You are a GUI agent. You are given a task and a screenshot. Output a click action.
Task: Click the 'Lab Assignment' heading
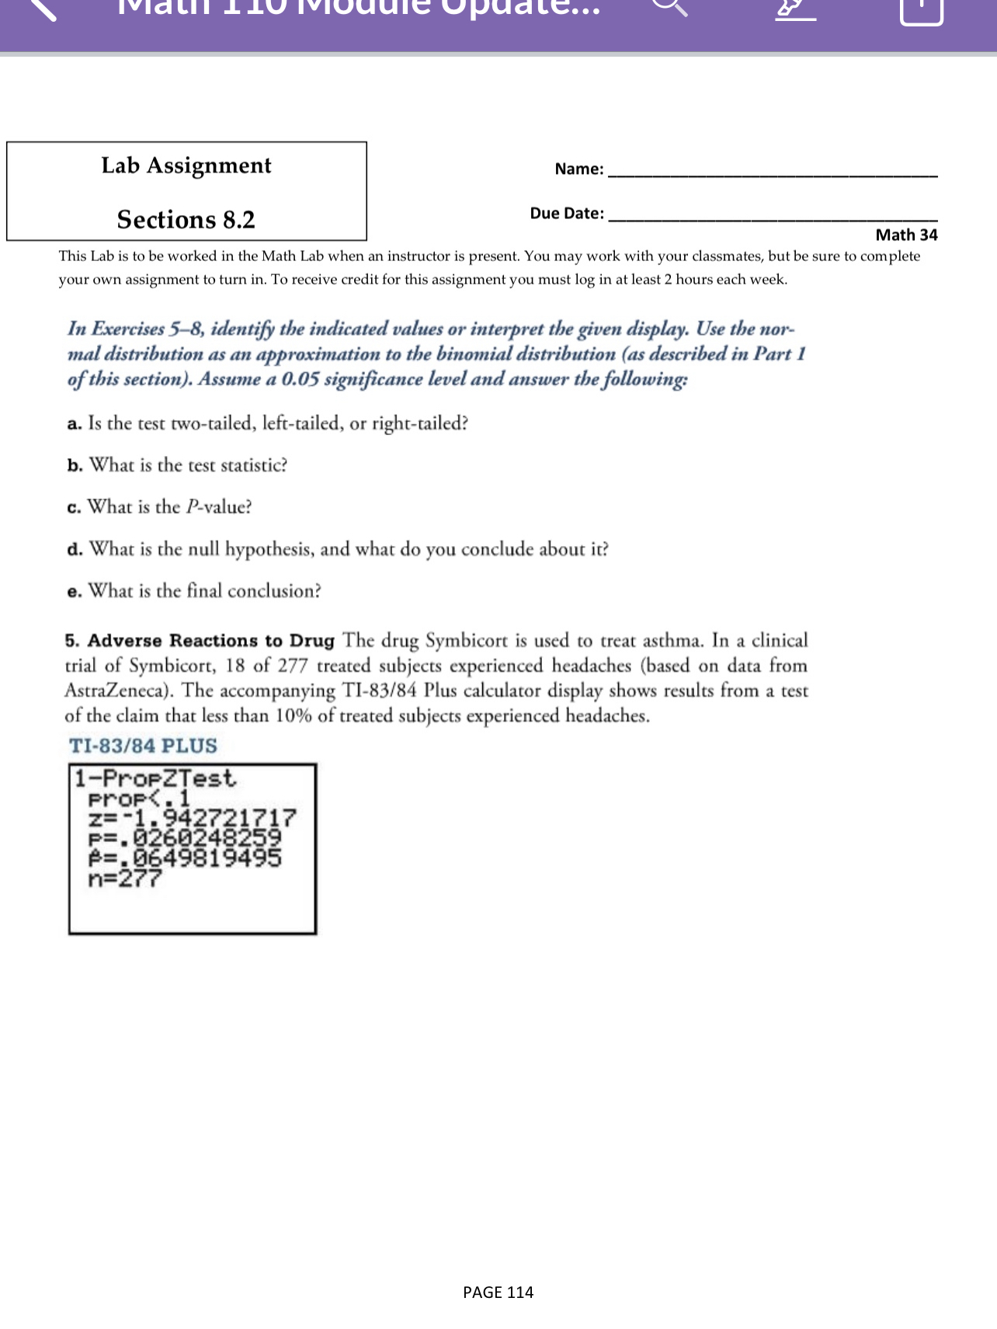(186, 165)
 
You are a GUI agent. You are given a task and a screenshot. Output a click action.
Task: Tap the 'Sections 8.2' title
(186, 220)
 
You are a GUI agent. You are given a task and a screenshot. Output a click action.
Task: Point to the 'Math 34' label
(906, 235)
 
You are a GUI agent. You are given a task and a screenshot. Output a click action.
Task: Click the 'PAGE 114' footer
(498, 1292)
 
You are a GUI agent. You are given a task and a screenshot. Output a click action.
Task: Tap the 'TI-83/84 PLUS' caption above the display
(143, 746)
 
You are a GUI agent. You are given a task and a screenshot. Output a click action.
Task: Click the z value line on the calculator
(192, 817)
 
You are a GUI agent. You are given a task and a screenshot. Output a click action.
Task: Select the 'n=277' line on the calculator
(125, 879)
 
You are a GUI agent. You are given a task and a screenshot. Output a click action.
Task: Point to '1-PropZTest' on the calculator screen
(155, 778)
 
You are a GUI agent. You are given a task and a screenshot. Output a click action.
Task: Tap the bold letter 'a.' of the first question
(75, 424)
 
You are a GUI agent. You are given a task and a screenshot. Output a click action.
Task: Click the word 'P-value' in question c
(218, 507)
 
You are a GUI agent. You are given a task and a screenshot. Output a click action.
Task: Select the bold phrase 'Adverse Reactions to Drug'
(211, 641)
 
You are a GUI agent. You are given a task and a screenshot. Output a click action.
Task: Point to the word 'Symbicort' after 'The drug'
(465, 641)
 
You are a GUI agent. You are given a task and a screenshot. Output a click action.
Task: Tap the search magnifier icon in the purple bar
(669, 6)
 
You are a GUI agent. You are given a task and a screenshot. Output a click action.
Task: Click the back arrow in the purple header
(43, 8)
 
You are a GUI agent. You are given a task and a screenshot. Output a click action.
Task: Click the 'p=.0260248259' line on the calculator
(185, 838)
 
